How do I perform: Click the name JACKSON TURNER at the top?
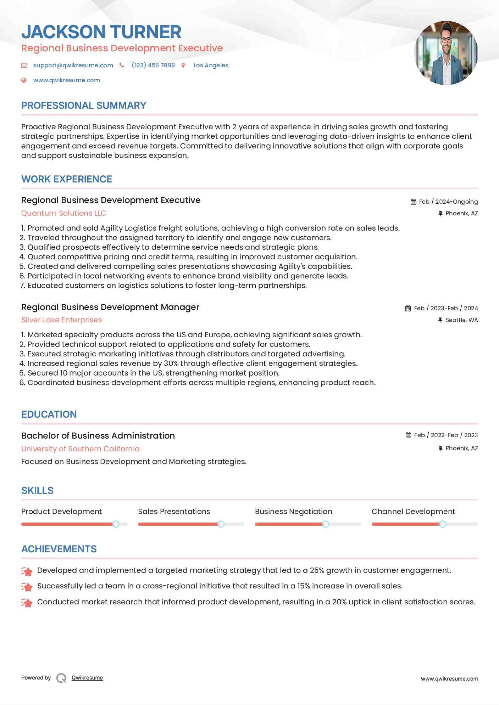click(101, 32)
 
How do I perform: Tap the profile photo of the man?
click(446, 53)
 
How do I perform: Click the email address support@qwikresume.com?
click(73, 65)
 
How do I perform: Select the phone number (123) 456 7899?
click(153, 65)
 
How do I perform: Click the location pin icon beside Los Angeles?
click(183, 65)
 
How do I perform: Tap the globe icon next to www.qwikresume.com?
click(24, 80)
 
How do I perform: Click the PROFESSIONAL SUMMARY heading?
click(84, 106)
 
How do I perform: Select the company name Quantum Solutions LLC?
click(64, 213)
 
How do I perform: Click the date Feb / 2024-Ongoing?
click(448, 202)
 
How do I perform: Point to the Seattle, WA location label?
click(461, 320)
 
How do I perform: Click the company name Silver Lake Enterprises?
click(62, 320)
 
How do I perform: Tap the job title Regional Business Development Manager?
click(110, 307)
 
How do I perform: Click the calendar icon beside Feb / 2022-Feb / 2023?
click(408, 435)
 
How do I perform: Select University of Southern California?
click(81, 449)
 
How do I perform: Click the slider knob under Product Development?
click(116, 524)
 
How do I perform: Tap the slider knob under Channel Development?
click(442, 524)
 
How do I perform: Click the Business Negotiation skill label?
click(293, 512)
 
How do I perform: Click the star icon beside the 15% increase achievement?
click(27, 587)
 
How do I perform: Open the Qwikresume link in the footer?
click(87, 678)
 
